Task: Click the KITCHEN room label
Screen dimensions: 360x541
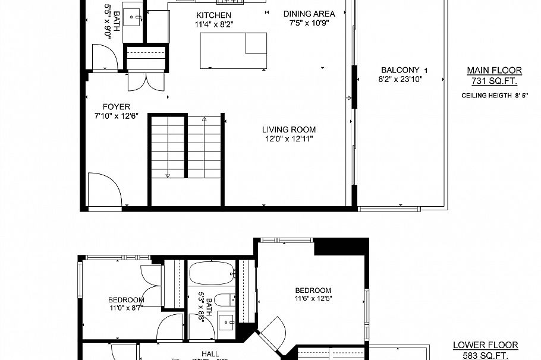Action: (x=213, y=15)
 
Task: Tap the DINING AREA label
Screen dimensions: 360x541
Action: (x=309, y=14)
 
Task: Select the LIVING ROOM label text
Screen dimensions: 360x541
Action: (x=289, y=130)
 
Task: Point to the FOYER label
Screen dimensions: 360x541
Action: (x=116, y=107)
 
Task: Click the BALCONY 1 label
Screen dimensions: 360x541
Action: (x=404, y=70)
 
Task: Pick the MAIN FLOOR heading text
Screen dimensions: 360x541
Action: (x=494, y=70)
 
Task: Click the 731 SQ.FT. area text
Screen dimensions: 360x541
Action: (x=494, y=81)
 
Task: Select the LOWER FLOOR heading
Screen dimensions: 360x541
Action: (x=485, y=345)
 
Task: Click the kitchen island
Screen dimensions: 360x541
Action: (x=234, y=50)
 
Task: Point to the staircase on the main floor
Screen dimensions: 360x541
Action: (x=185, y=147)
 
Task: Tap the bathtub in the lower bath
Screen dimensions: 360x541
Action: (x=212, y=274)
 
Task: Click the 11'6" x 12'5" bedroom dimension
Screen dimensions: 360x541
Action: (x=313, y=299)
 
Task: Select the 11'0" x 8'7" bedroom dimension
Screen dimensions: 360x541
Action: (x=125, y=308)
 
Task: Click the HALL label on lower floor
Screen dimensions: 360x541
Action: (x=210, y=354)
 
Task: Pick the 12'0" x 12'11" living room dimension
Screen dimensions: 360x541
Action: (x=289, y=139)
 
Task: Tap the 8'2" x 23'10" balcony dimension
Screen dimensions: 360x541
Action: (x=400, y=79)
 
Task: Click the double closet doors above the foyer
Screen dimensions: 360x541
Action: (x=146, y=81)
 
